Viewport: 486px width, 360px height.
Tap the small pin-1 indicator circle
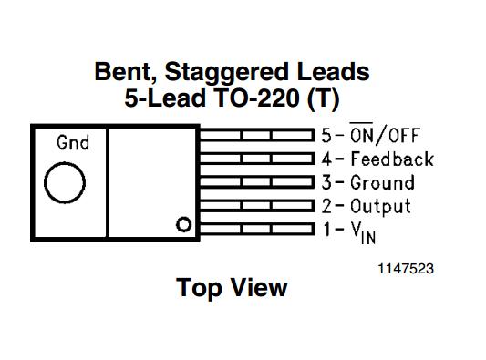pyautogui.click(x=183, y=224)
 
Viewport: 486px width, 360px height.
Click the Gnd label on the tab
pyautogui.click(x=72, y=143)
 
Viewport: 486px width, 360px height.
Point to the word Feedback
pyautogui.click(x=392, y=159)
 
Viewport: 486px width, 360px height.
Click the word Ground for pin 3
pyautogui.click(x=382, y=182)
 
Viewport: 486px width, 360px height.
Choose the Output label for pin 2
pyautogui.click(x=380, y=206)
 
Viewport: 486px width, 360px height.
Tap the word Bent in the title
pyautogui.click(x=125, y=71)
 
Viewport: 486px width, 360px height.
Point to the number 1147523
pyautogui.click(x=407, y=269)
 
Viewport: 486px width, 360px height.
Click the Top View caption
pyautogui.click(x=232, y=288)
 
